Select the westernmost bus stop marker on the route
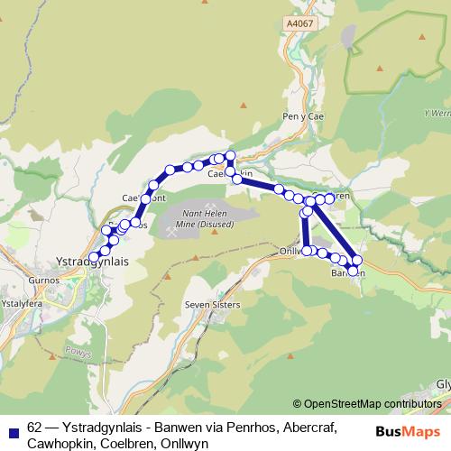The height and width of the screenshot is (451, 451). coord(93,257)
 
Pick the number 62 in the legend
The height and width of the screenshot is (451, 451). coord(35,428)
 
